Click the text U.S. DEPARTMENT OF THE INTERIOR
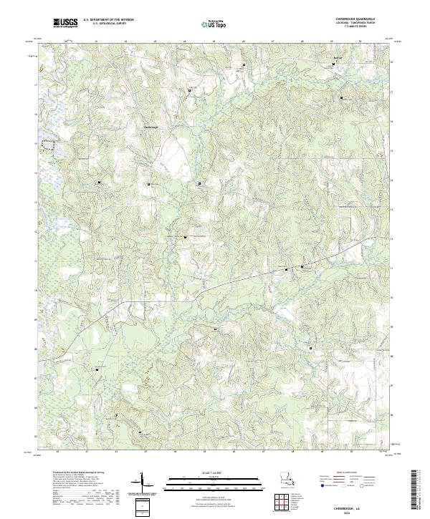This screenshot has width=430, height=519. [109, 21]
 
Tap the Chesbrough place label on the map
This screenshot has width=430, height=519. [144, 127]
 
